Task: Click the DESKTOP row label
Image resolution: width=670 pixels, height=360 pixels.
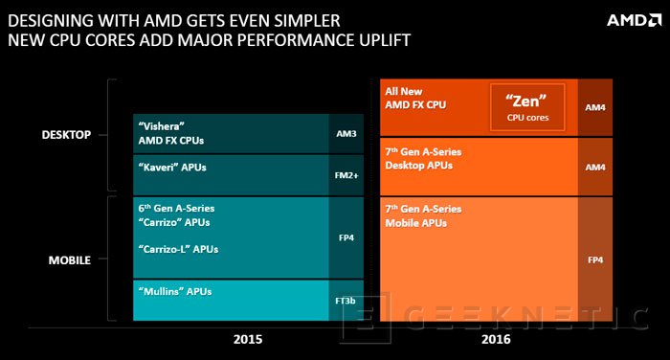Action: click(x=66, y=135)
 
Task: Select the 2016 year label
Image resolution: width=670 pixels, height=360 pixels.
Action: click(x=497, y=338)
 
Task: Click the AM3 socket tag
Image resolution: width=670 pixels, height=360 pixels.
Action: click(x=346, y=135)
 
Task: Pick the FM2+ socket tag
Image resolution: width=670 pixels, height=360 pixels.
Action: click(x=346, y=175)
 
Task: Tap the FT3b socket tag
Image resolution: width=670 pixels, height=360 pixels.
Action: click(x=346, y=300)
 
